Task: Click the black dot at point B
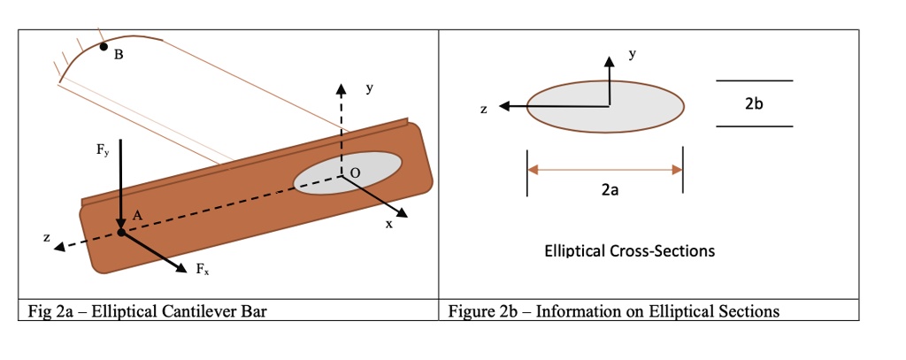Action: pos(104,47)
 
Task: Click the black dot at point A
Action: pos(121,233)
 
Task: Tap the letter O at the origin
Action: pos(355,173)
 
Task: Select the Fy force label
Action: pos(104,149)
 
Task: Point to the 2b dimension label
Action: pos(753,104)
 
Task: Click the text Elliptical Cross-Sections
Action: pos(629,251)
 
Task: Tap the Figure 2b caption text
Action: pos(613,310)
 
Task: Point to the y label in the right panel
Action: pos(632,54)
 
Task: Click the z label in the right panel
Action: pos(483,110)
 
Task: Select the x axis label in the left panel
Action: pos(388,225)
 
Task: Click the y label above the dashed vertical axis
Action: pos(370,89)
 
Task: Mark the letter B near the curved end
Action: pos(119,56)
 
